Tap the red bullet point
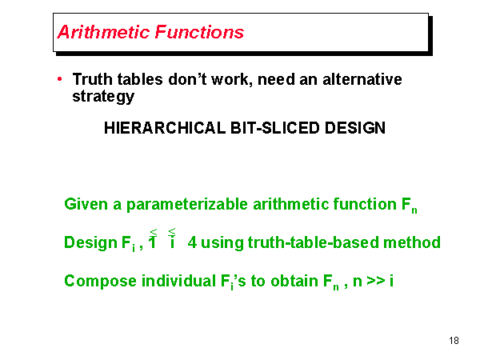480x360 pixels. (60, 79)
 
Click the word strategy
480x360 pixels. (103, 97)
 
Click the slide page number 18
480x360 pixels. (454, 342)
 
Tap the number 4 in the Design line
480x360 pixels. (192, 242)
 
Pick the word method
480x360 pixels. (417, 242)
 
